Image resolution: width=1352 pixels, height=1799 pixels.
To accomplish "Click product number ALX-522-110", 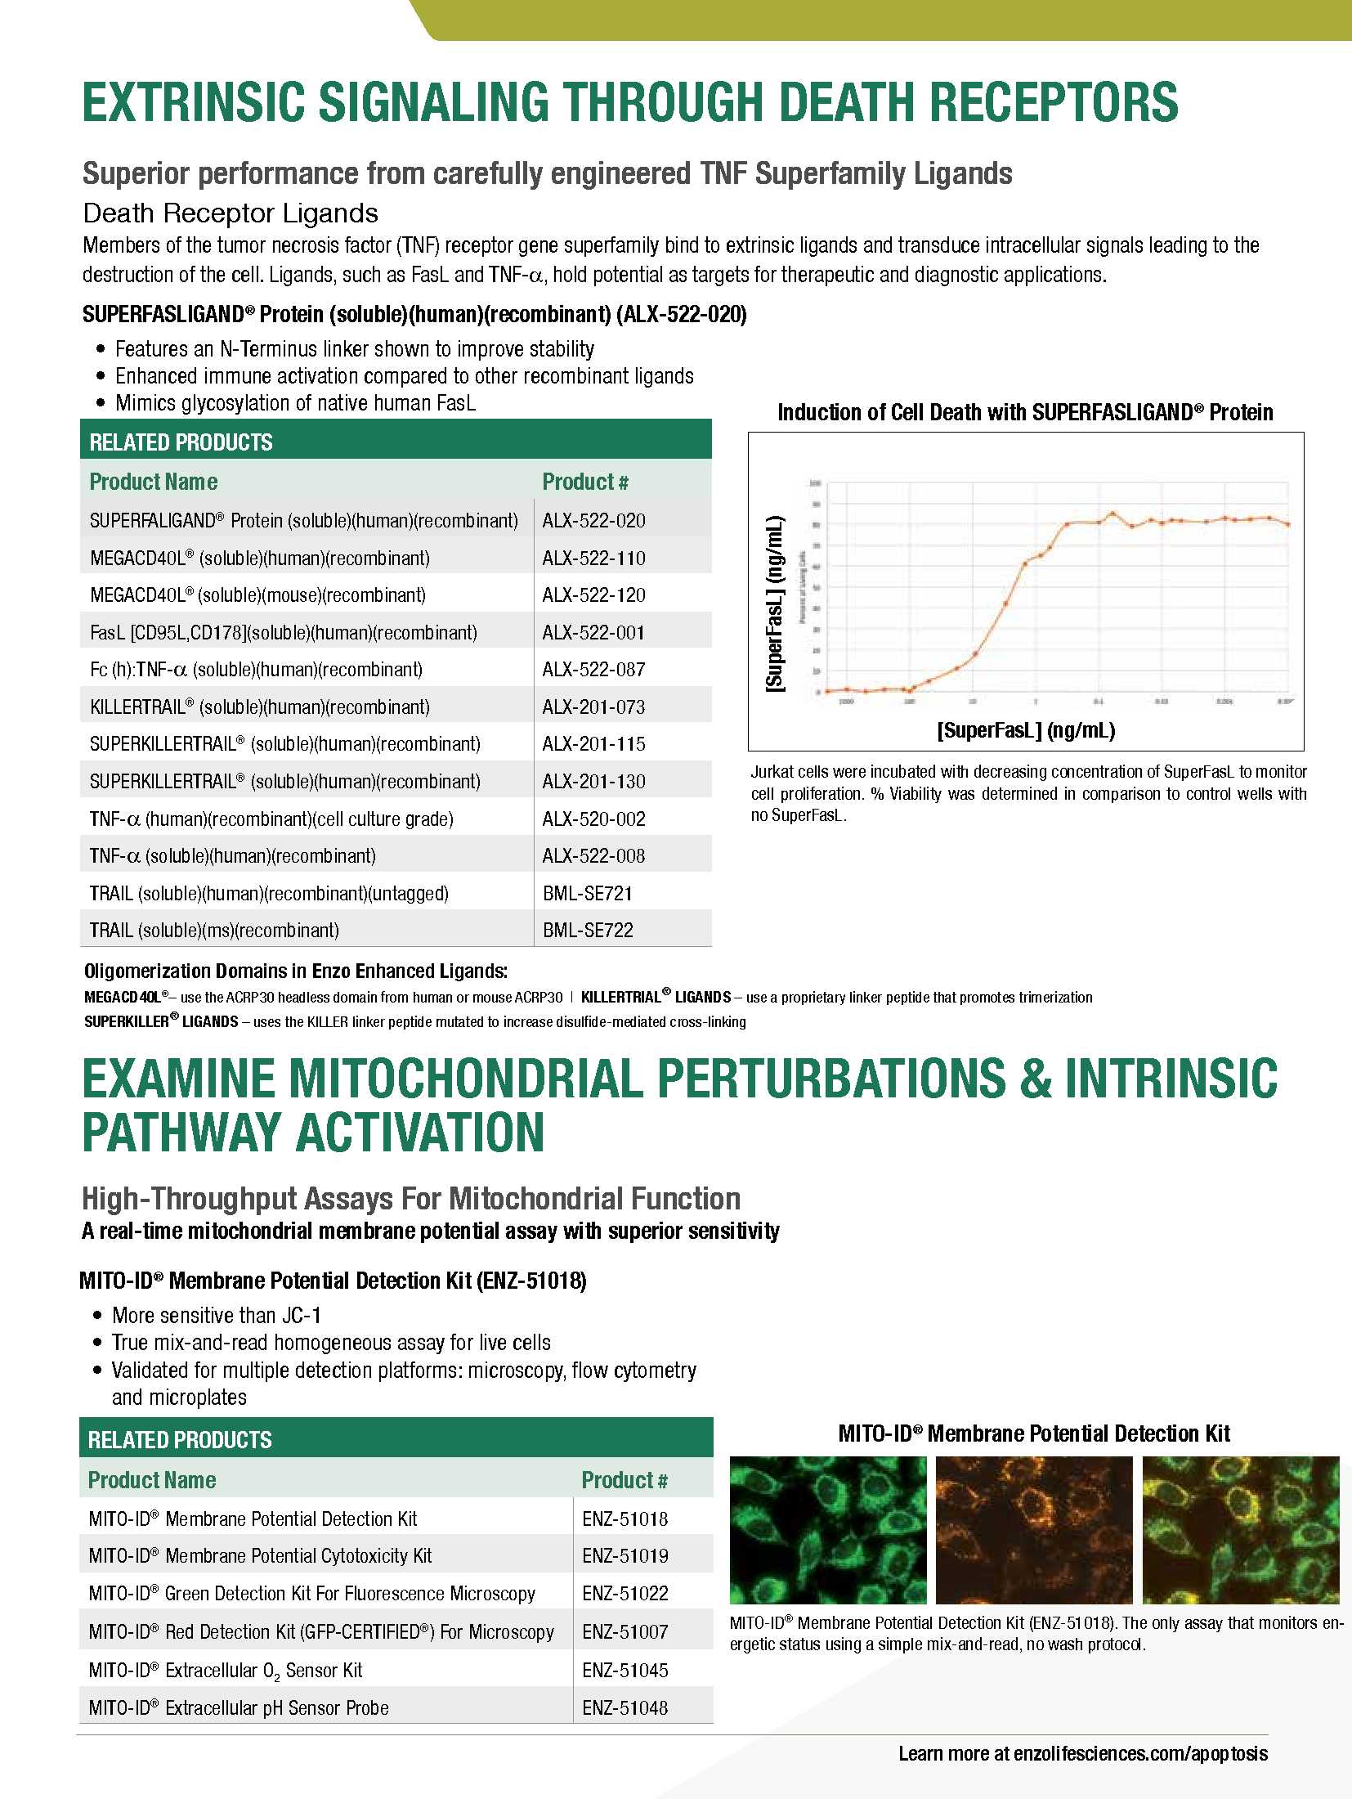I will pos(593,559).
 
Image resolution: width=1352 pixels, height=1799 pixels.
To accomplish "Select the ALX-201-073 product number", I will pos(593,707).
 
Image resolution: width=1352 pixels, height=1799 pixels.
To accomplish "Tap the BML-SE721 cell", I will pos(588,894).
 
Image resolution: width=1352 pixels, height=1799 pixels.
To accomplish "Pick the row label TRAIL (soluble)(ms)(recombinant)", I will pos(214,931).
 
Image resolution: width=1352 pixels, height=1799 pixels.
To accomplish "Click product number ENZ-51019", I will pos(625,1556).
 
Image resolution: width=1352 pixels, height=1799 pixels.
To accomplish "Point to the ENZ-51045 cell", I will pos(625,1671).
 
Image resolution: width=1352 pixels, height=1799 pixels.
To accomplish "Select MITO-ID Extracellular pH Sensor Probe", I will pos(239,1708).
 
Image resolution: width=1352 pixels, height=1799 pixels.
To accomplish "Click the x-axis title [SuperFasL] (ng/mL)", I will pos(1026,730).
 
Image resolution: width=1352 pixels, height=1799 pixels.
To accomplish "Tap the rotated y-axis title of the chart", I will pos(774,603).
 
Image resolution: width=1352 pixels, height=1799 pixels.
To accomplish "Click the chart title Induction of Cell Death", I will pos(1025,412).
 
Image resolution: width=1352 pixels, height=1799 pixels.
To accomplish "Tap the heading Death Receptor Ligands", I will pos(231,213).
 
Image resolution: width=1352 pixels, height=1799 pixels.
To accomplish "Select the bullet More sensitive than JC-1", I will pos(217,1316).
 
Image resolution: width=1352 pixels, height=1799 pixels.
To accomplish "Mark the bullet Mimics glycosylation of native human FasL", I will pos(295,403).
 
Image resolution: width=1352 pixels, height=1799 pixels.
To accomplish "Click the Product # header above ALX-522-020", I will pos(585,482).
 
